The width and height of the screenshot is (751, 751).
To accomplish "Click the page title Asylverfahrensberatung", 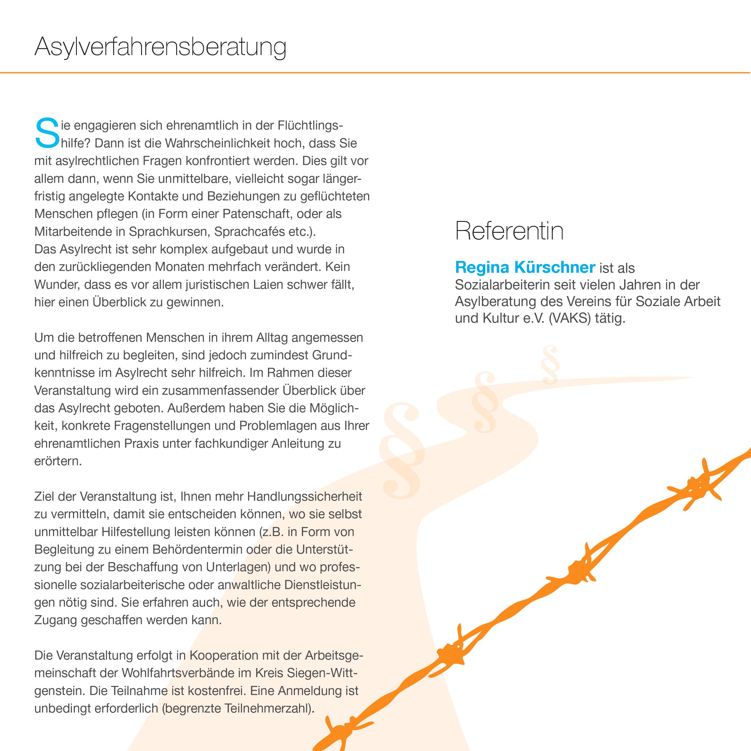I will tap(160, 48).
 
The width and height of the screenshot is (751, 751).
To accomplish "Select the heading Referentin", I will tap(509, 231).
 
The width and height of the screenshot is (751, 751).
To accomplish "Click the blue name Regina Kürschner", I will tap(525, 268).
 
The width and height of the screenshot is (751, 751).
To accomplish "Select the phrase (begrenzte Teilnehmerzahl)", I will tap(238, 708).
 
